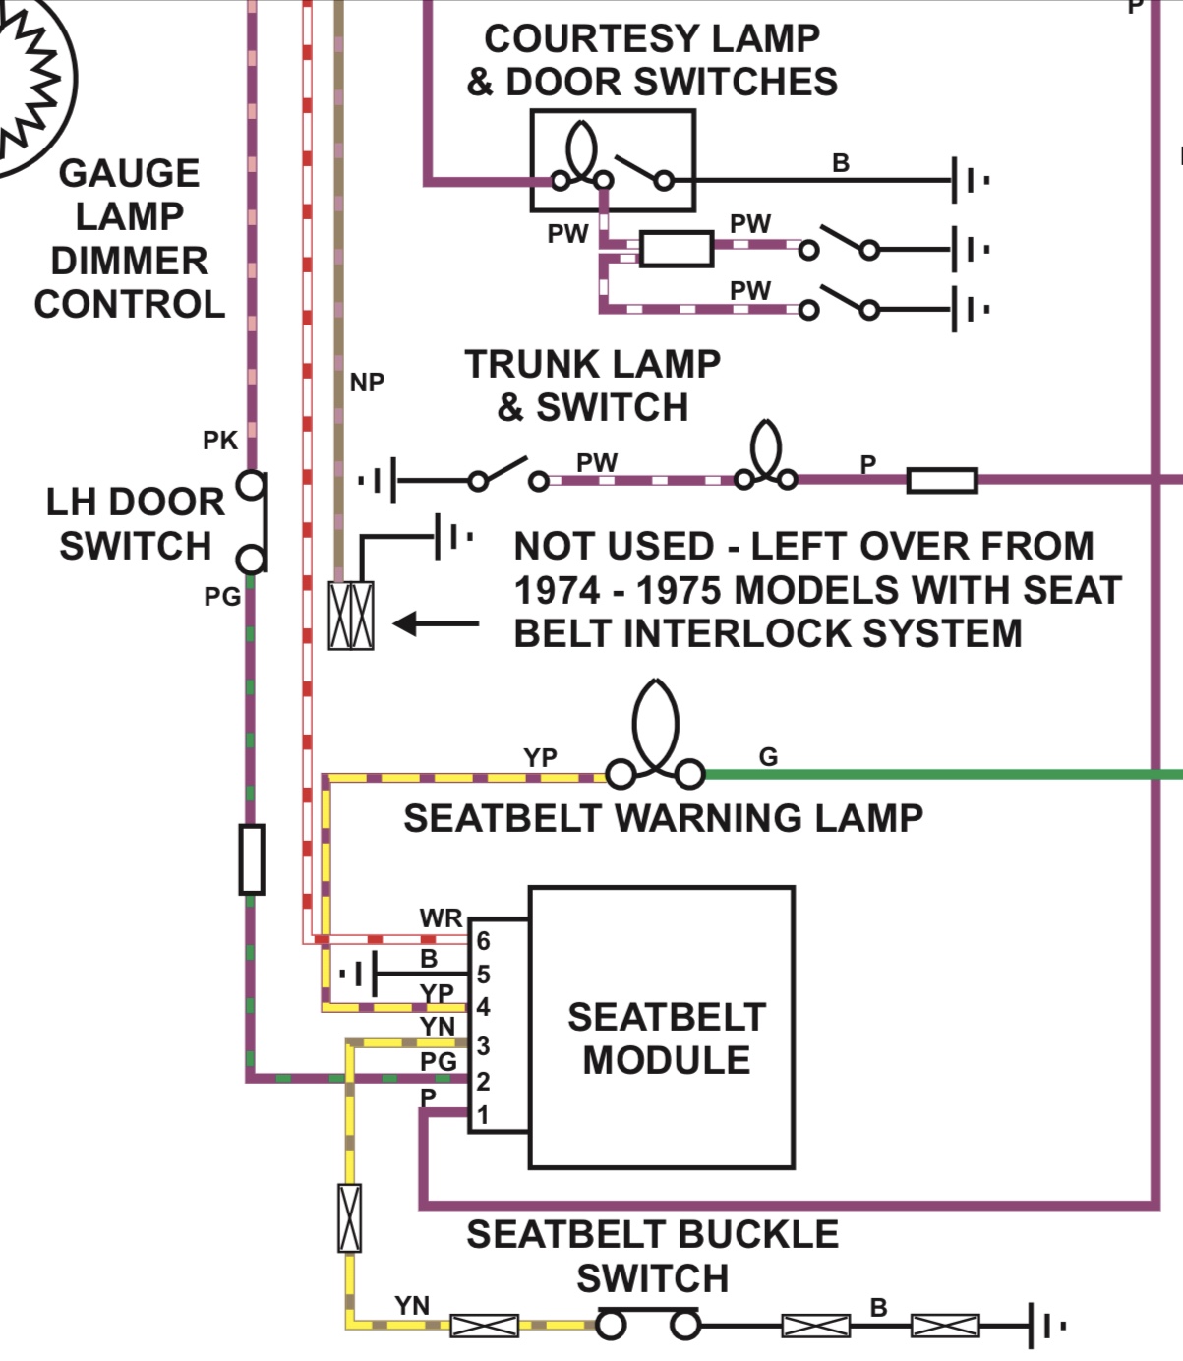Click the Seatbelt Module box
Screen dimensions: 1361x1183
(661, 1028)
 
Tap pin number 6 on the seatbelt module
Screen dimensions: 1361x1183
(483, 941)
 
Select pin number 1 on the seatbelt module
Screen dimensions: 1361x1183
(483, 1116)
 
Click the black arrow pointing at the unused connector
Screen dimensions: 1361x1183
(436, 623)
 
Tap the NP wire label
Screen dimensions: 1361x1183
(367, 383)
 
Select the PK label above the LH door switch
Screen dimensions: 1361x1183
(220, 441)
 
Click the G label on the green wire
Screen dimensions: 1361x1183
(768, 757)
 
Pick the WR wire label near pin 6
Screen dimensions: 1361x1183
(440, 918)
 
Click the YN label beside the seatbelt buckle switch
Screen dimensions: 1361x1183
(412, 1306)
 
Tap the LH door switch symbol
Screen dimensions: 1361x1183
(253, 522)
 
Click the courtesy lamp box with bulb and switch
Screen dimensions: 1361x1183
(613, 160)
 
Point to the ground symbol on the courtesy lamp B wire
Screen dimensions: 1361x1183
(969, 180)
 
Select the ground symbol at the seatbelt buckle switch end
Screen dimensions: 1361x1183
(1045, 1326)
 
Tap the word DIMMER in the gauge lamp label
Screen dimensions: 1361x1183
(129, 262)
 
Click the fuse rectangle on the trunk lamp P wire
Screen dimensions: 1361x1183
(941, 481)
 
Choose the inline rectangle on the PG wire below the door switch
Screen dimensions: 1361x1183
(253, 859)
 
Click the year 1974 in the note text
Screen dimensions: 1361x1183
(558, 591)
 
